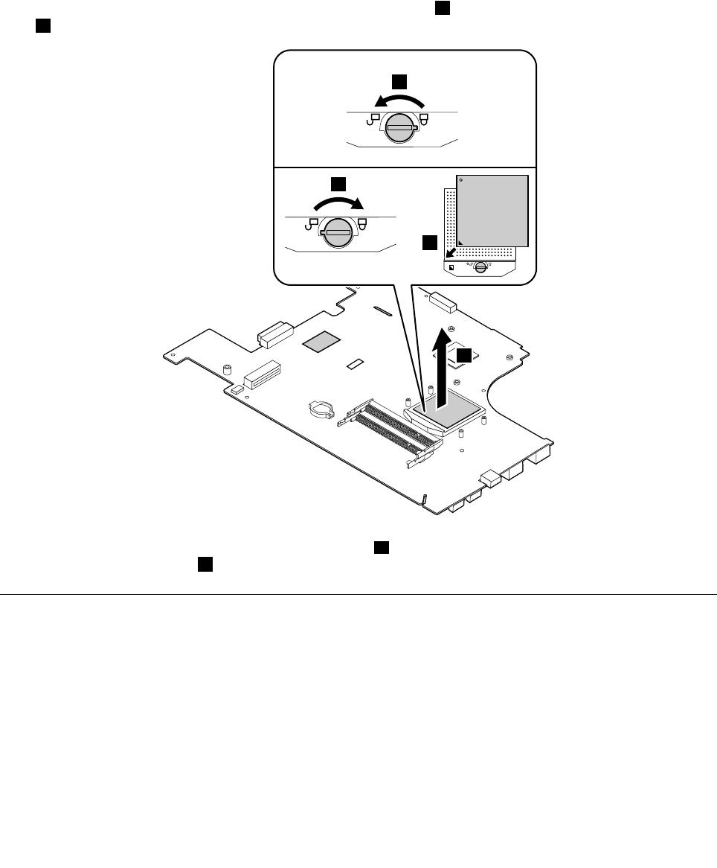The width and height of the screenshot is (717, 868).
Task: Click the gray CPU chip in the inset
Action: (x=492, y=211)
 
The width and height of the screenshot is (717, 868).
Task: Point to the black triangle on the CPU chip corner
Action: (x=462, y=242)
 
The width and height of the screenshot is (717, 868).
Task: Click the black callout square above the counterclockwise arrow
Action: (x=400, y=81)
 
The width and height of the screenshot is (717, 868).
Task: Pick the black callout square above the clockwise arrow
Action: (x=338, y=183)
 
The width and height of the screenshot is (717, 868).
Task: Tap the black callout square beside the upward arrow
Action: (x=464, y=356)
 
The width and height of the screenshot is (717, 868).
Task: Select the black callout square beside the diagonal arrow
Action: (x=430, y=243)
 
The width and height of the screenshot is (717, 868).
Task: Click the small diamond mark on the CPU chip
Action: (x=462, y=180)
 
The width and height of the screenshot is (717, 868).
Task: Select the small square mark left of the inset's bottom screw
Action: (x=452, y=267)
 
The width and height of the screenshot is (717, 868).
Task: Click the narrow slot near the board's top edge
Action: (x=380, y=310)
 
